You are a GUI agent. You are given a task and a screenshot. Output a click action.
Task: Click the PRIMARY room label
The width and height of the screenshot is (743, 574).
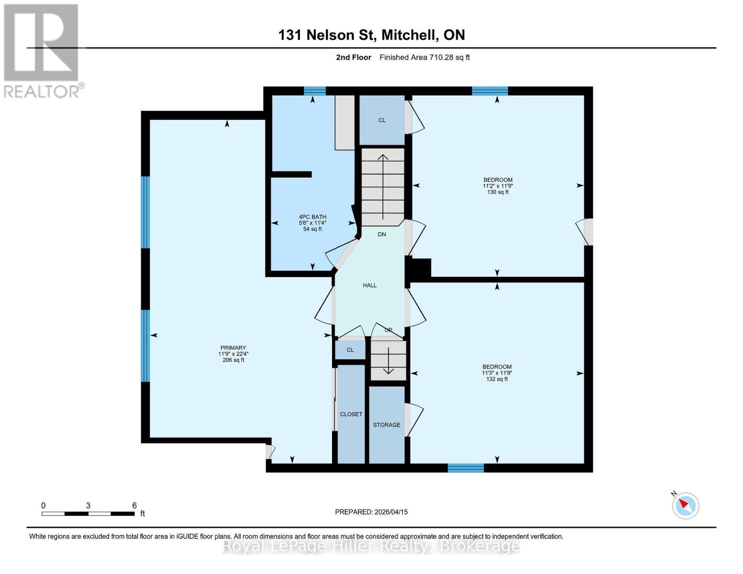233,348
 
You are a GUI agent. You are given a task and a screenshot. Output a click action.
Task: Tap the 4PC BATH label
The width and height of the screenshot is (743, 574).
312,217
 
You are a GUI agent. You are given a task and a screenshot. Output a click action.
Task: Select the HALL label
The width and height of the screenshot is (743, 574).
369,285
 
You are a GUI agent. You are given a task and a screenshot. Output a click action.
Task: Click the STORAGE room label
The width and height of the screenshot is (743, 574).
387,425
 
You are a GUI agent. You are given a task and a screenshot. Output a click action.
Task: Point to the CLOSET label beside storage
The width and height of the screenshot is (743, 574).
351,414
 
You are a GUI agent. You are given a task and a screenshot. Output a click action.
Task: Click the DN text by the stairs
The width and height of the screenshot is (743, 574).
382,234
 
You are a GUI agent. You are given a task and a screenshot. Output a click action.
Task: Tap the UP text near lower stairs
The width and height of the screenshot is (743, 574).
388,330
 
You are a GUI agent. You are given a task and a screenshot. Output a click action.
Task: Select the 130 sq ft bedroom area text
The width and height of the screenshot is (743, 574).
498,192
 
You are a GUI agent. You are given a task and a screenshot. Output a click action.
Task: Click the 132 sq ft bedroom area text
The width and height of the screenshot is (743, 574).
497,379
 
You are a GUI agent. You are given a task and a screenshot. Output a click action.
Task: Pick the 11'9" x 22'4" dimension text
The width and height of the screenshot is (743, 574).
233,354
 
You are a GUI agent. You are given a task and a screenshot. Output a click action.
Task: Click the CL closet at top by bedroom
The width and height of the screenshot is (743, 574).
382,120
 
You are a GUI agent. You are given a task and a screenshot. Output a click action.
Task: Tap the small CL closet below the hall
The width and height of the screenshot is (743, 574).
350,350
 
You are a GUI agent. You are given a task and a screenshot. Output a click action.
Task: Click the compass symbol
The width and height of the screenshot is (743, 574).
685,505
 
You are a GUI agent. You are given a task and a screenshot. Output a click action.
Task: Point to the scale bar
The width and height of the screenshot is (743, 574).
88,514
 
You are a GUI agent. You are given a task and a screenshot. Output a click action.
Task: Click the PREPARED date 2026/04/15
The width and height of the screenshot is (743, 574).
371,512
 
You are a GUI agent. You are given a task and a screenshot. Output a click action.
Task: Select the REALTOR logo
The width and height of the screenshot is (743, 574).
42,50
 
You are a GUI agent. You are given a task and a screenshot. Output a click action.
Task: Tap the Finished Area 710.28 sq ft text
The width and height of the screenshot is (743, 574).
424,57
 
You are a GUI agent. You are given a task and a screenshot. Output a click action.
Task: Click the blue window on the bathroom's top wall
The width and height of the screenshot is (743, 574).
315,91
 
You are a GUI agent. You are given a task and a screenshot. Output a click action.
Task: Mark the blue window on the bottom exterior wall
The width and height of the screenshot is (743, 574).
466,468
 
